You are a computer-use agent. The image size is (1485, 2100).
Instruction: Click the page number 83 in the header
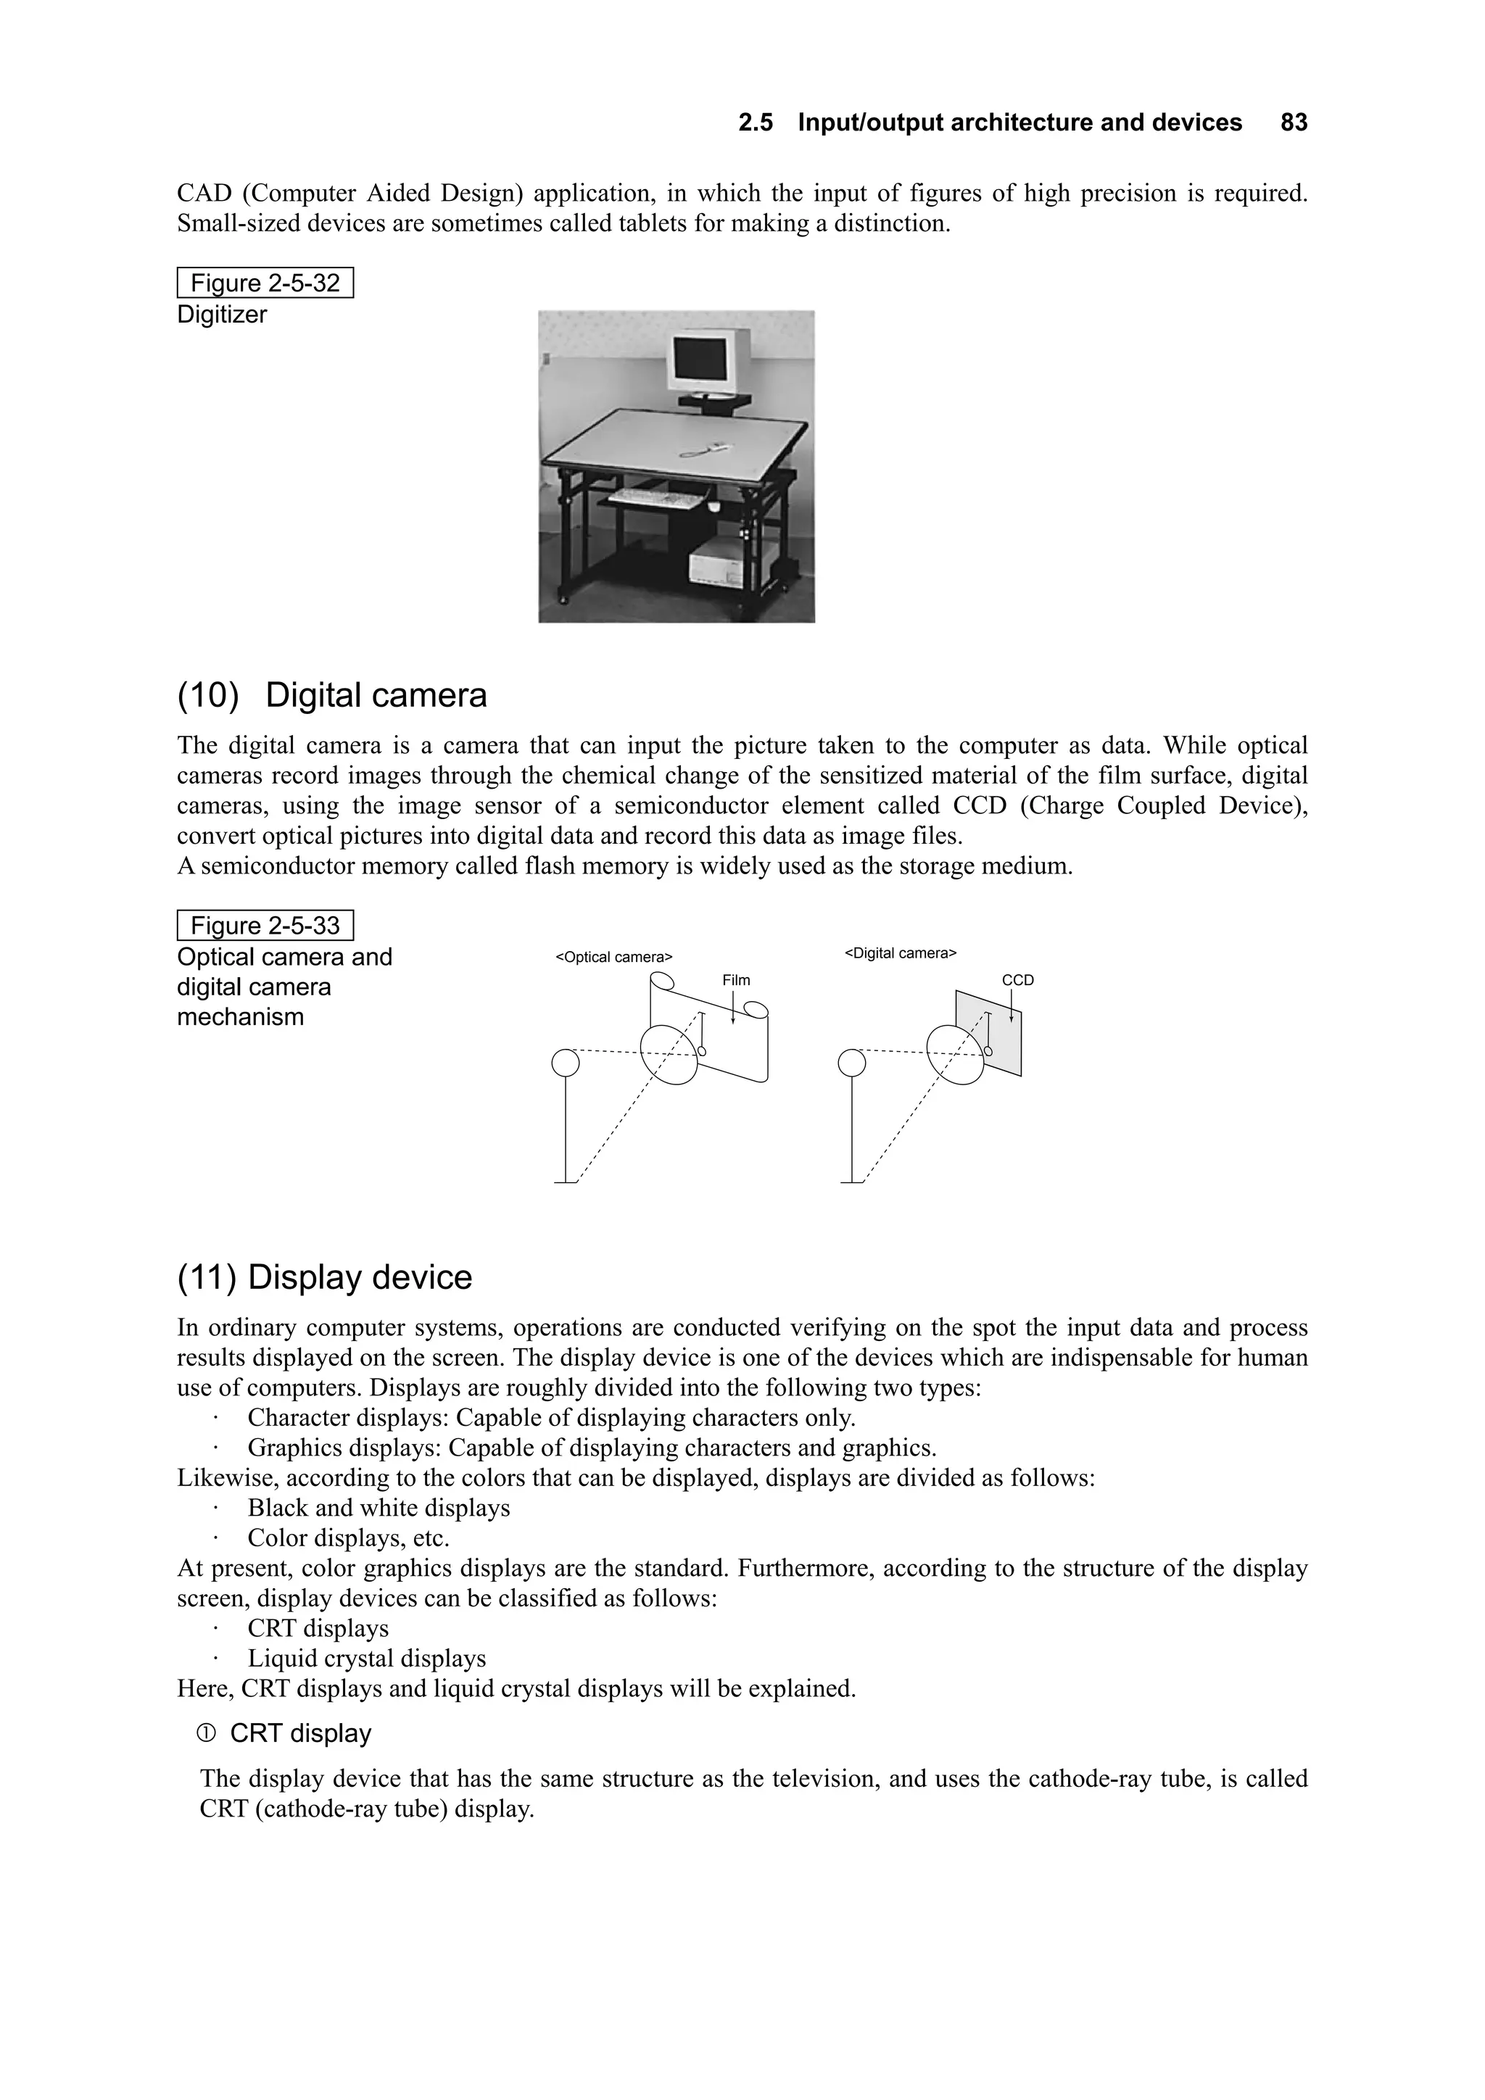pos(1294,123)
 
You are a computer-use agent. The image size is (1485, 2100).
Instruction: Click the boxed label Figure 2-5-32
pos(265,283)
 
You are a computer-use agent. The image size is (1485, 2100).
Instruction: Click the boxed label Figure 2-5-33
pos(265,926)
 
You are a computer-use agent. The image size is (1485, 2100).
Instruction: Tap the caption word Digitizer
pos(221,315)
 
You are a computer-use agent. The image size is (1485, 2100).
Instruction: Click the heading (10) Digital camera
pos(331,695)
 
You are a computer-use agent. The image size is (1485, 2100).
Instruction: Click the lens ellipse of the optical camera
pos(668,1055)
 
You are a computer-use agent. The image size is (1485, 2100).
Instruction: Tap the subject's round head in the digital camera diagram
pos(852,1063)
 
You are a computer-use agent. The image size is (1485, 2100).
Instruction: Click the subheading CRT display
pos(300,1734)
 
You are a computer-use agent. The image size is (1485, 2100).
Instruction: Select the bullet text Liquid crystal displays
pos(366,1659)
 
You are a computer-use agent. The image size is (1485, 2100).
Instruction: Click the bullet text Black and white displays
pos(378,1508)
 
